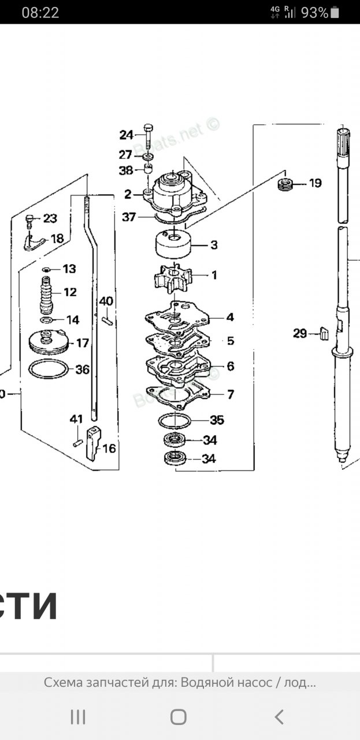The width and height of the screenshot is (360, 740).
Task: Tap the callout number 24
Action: click(x=126, y=135)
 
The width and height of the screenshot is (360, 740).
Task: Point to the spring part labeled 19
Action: click(x=285, y=185)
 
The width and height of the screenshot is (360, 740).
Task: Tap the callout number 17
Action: click(x=83, y=343)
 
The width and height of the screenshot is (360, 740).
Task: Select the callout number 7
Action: click(x=231, y=395)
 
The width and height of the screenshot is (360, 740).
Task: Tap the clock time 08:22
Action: click(x=40, y=13)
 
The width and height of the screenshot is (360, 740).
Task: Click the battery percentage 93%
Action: click(x=314, y=13)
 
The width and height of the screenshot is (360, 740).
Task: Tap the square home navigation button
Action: click(x=179, y=717)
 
